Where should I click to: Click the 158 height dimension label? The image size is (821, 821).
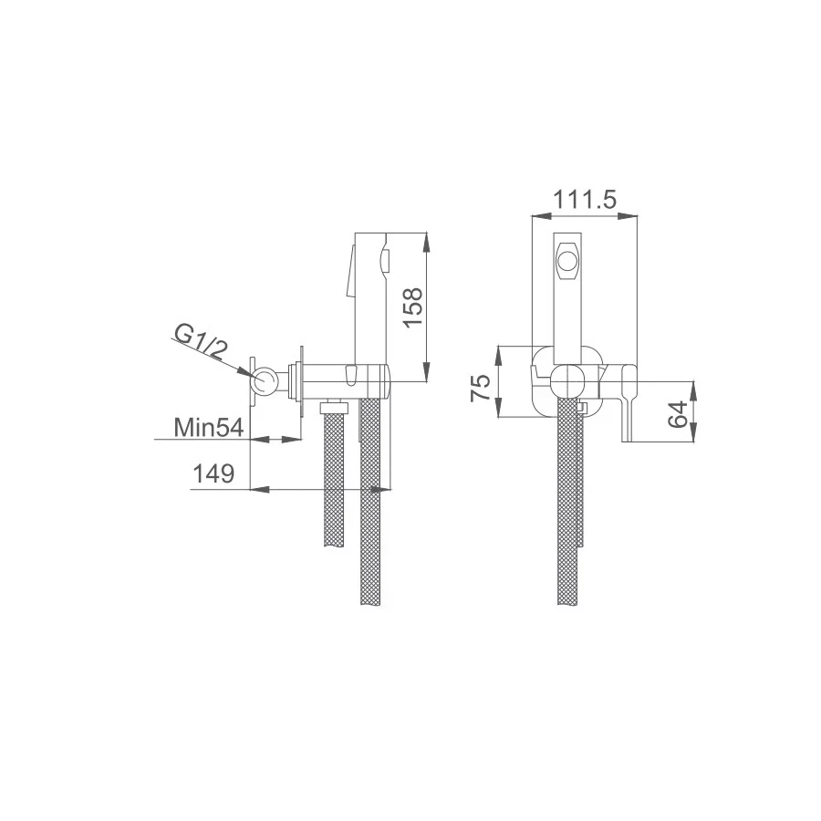(413, 308)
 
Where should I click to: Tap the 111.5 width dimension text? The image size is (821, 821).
(585, 199)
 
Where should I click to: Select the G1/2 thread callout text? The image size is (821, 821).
(198, 344)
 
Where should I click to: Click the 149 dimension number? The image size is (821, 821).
(213, 473)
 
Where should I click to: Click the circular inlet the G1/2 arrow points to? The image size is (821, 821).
(265, 381)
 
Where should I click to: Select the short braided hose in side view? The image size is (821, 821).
(335, 479)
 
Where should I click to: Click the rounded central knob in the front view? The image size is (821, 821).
(568, 379)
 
